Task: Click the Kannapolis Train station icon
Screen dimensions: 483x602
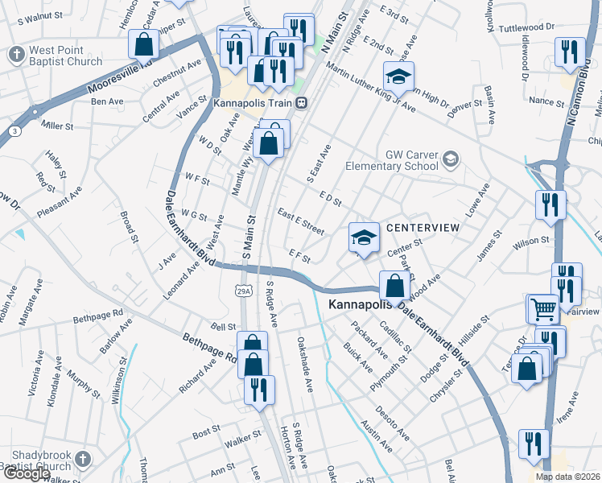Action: pos(301,103)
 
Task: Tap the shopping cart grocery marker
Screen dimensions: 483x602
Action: pos(542,308)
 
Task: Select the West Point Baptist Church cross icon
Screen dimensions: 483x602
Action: pos(16,55)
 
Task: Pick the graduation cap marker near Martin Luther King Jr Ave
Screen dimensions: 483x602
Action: pos(398,76)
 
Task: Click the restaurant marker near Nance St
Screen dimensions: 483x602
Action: pos(570,52)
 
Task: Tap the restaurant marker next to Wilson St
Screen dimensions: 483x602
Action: pos(550,205)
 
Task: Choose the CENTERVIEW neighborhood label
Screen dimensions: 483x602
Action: pos(423,229)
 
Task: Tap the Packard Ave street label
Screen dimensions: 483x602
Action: pos(369,341)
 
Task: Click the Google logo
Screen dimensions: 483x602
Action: pos(27,473)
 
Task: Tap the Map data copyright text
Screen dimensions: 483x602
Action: pos(567,477)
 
